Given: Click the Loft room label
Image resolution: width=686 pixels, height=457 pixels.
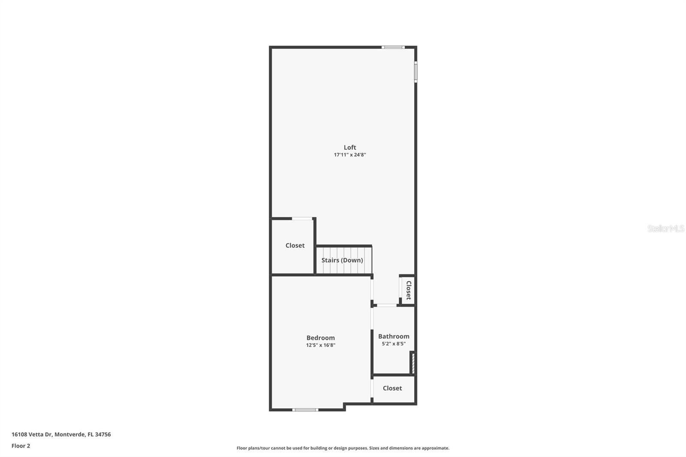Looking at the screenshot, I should click(x=350, y=147).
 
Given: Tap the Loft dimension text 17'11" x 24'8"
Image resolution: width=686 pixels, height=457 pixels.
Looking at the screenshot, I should click(x=350, y=155).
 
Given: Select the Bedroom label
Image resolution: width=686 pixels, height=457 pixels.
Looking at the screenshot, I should click(x=320, y=338).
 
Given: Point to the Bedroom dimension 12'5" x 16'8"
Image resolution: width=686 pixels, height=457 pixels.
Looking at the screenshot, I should click(x=320, y=345).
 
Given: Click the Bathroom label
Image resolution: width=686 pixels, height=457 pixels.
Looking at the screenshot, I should click(x=394, y=337).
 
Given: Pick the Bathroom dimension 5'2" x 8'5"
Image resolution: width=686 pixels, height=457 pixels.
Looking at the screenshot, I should click(x=394, y=343).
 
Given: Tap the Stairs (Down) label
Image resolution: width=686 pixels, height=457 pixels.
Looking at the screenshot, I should click(x=342, y=260).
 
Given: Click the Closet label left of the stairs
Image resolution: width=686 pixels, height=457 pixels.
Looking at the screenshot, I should click(x=295, y=246).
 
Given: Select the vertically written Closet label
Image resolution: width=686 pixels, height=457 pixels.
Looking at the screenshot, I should click(x=409, y=290).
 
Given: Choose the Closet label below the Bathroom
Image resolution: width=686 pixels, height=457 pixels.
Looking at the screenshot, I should click(x=392, y=388).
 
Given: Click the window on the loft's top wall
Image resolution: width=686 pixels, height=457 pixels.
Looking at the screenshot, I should click(x=393, y=47).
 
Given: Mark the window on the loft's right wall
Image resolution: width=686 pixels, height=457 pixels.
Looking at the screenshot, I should click(x=415, y=72).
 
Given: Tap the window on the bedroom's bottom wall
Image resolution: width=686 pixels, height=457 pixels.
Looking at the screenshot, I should click(x=305, y=410).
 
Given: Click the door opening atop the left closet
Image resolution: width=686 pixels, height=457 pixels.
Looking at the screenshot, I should click(x=302, y=219).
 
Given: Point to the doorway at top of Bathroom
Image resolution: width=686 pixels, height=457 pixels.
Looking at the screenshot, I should click(x=387, y=305).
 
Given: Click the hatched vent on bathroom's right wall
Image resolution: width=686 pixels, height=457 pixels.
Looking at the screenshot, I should click(x=413, y=363).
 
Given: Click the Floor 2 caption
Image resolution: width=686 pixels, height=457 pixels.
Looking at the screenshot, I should click(x=21, y=446).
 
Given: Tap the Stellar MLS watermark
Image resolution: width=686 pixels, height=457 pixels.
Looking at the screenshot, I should click(x=665, y=228).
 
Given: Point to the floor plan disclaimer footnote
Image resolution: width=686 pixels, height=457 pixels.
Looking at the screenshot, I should click(x=343, y=448).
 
